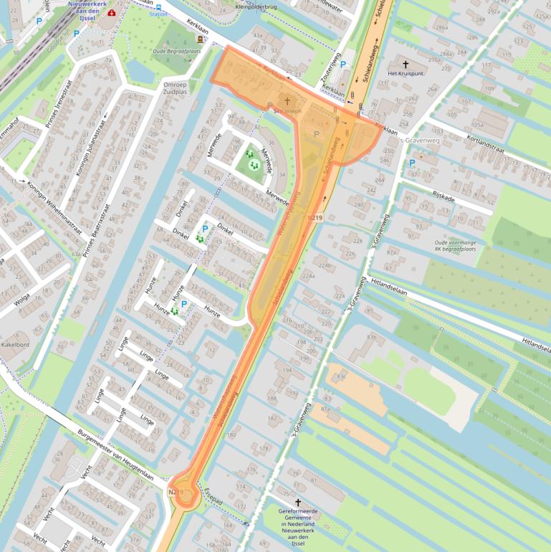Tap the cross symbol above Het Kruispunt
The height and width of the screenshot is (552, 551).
pyautogui.click(x=406, y=63)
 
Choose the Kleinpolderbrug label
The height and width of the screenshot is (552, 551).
pyautogui.click(x=257, y=7)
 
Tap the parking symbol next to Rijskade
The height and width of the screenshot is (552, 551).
pyautogui.click(x=412, y=163)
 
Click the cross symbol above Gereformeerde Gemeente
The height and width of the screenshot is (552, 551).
pyautogui.click(x=299, y=503)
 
